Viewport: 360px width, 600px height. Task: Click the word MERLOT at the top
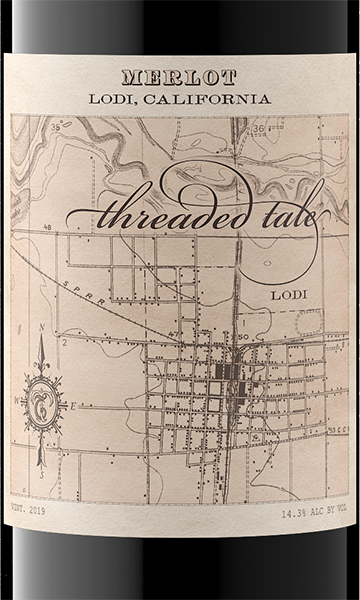[179, 76]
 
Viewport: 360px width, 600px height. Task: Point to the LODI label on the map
[289, 298]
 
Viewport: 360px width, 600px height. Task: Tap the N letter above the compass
[41, 325]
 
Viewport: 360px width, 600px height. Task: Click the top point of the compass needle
[42, 338]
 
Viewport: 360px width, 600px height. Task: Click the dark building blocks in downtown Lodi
[229, 375]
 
